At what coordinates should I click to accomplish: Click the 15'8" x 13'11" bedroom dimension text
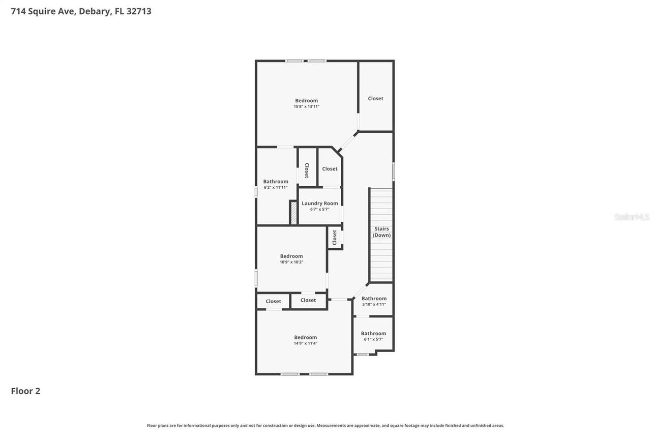click(x=306, y=107)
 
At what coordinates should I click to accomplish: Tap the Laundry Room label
click(x=319, y=203)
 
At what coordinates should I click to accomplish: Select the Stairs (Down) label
click(x=381, y=232)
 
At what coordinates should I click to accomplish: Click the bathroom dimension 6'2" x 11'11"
click(x=275, y=187)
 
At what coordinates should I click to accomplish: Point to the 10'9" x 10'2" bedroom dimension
click(x=291, y=262)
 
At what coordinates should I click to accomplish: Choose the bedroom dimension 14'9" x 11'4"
click(x=305, y=343)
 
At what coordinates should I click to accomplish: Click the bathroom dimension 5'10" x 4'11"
click(x=374, y=304)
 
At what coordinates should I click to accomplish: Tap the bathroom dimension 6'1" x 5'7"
click(x=373, y=339)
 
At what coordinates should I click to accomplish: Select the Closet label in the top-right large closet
click(x=375, y=98)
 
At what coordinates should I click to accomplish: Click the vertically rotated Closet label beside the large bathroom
click(x=307, y=170)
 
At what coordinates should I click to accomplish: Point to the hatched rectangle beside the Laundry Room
click(x=293, y=212)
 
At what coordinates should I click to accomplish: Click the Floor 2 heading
click(x=25, y=391)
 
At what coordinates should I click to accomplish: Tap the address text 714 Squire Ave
click(x=43, y=11)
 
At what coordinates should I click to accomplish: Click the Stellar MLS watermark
click(x=632, y=217)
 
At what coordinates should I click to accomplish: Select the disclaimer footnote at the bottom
click(x=325, y=425)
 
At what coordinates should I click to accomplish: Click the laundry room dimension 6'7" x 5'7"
click(x=319, y=209)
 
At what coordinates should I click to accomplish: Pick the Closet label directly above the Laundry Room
click(x=330, y=168)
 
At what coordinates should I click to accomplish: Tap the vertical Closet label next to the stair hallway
click(x=335, y=237)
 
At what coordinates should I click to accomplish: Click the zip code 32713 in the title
click(x=138, y=11)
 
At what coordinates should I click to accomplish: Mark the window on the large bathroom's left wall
click(x=256, y=191)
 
